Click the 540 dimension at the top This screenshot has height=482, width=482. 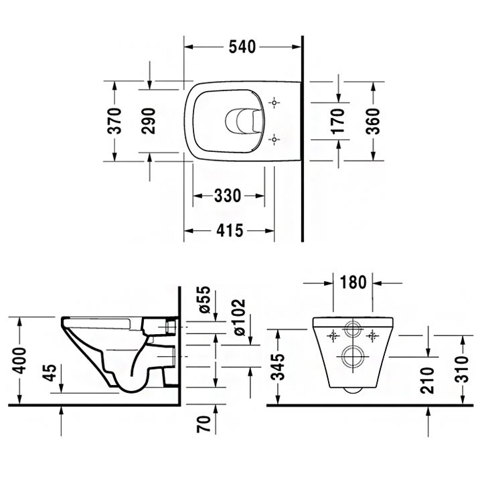[243, 47]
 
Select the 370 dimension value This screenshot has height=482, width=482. [115, 120]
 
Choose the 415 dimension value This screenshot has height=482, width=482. [230, 230]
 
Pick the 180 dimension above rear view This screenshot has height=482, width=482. [353, 282]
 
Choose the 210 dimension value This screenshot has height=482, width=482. [428, 380]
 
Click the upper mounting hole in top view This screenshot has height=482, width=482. [273, 102]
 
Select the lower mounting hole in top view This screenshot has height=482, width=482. [273, 139]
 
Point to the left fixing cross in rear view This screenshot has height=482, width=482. [333, 334]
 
